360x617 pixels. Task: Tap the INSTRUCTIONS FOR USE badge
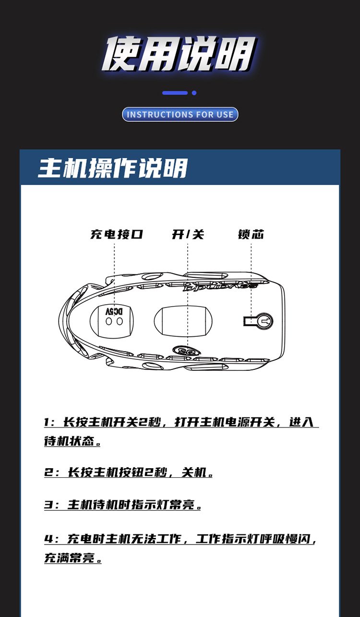click(x=180, y=114)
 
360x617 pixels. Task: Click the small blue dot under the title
click(x=194, y=93)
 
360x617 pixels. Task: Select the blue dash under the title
click(x=175, y=93)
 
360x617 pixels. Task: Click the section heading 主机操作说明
click(x=113, y=168)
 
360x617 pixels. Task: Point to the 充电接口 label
click(x=117, y=234)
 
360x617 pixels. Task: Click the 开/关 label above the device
click(x=188, y=235)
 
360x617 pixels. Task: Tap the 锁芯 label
click(x=251, y=234)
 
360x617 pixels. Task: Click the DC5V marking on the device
click(x=114, y=311)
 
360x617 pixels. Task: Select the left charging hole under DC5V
click(x=109, y=321)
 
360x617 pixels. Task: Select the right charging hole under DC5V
click(x=120, y=321)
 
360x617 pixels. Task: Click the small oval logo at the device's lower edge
click(x=182, y=351)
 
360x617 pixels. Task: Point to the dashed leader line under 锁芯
click(x=251, y=280)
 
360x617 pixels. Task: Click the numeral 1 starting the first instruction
click(x=47, y=422)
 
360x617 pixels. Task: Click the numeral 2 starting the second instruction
click(x=48, y=472)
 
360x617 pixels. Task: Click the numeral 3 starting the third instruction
click(x=48, y=505)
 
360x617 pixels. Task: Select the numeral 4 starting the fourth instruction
click(x=48, y=539)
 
